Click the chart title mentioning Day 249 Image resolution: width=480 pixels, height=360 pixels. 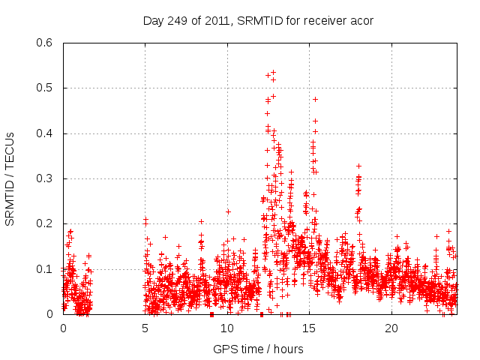pos(258,20)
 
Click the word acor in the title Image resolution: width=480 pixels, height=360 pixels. pos(361,20)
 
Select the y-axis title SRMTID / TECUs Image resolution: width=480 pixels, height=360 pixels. pos(10,178)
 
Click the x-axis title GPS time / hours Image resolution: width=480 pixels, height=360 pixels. pos(258,349)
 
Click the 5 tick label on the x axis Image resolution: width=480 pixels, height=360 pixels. pos(145,328)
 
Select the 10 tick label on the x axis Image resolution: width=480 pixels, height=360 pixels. pos(227,328)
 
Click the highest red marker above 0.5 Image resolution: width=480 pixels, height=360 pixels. pos(273,73)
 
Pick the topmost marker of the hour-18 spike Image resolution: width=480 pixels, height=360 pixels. pos(359,166)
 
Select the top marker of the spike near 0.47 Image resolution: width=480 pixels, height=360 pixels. pos(315,99)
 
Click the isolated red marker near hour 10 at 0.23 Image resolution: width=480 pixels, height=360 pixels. pos(228,211)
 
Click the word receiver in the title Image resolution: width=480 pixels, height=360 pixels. pos(316,20)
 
